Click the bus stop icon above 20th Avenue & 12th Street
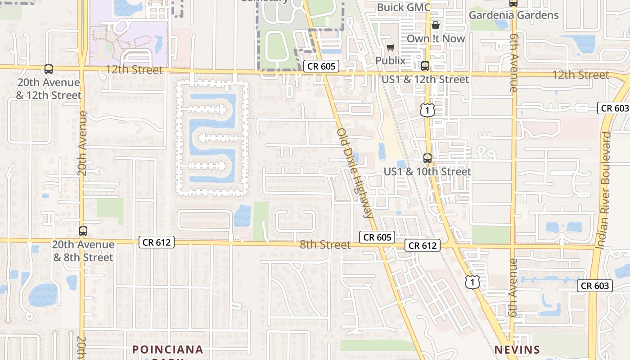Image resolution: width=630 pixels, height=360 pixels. (49, 69)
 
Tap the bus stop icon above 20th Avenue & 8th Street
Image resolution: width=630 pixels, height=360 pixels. (83, 231)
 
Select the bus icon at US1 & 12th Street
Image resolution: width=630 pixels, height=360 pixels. (425, 67)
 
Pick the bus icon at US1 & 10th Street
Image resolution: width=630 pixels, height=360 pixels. (427, 158)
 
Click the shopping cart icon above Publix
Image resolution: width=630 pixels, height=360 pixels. (390, 47)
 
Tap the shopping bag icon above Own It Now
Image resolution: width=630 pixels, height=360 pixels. (435, 25)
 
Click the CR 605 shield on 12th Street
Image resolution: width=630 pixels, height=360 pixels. (321, 67)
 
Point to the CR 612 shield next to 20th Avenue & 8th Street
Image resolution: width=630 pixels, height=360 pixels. (156, 242)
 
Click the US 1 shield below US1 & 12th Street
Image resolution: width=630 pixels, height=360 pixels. (427, 110)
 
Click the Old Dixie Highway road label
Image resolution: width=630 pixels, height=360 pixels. (355, 173)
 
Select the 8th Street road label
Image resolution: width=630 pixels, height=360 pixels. (325, 245)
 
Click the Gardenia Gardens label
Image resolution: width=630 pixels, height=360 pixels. (513, 15)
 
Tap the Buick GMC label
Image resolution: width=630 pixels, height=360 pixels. (404, 7)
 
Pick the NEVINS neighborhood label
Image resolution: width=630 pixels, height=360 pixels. (517, 350)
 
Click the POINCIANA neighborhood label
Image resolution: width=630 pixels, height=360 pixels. (168, 350)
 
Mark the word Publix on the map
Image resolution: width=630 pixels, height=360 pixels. (391, 60)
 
